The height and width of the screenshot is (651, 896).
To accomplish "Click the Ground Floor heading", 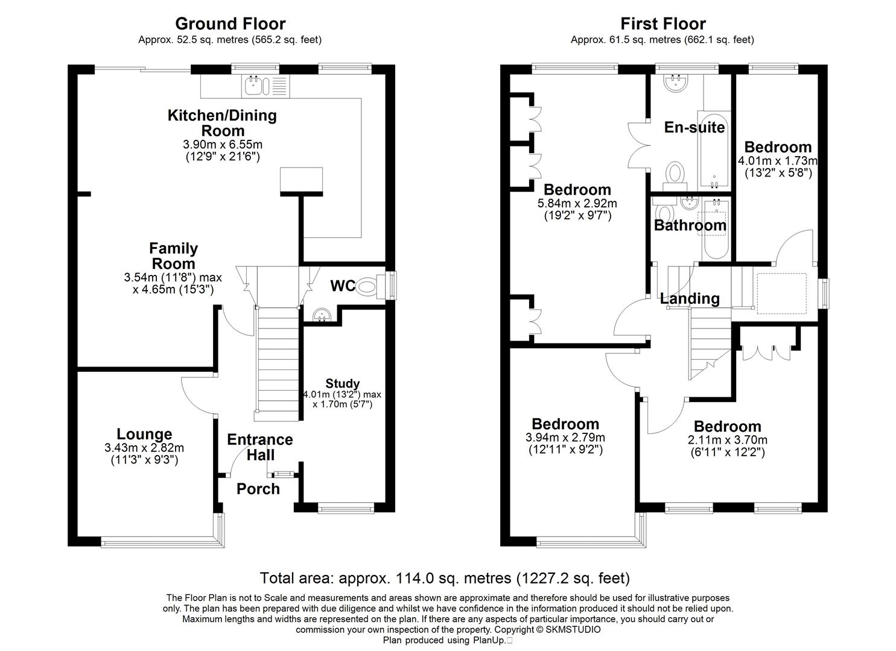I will point(230,24).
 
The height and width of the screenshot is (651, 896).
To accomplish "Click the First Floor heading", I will point(662,24).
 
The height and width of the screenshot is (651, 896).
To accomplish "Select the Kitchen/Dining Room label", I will point(222,123).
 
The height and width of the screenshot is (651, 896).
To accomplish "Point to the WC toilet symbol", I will point(370,286).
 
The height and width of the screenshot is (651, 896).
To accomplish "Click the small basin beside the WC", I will point(322,315).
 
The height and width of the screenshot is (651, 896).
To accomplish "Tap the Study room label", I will point(343,383).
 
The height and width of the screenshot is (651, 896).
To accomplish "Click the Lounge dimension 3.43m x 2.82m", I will point(144,448).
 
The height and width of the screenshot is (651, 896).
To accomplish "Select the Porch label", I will point(258,489).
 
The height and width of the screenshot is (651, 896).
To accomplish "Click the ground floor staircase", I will point(277,362).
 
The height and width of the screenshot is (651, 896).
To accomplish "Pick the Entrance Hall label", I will point(260,447).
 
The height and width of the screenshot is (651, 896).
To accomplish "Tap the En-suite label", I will point(694,127).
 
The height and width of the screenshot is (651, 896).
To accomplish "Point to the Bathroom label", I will point(690,225).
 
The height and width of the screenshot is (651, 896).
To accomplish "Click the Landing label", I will point(689,298).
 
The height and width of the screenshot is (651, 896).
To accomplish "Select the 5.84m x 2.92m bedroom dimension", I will point(577,204).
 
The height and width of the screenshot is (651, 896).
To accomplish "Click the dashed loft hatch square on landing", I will point(781,294).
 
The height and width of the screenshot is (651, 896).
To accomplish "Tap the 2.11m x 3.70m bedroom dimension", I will point(727,440).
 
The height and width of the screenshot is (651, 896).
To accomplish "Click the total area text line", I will point(445,578).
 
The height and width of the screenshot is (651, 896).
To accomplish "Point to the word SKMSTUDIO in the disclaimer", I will point(573,629).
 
